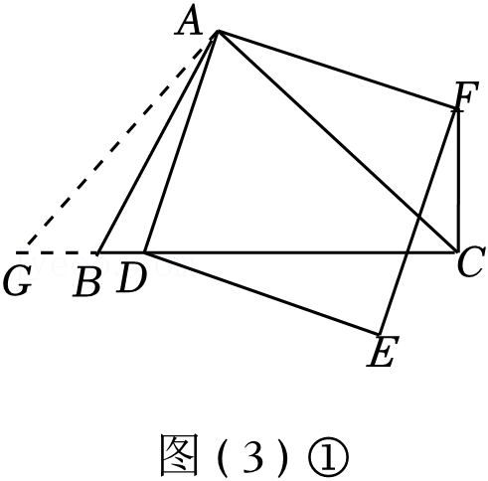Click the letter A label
189,22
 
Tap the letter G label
18,281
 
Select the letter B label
86,281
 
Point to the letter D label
131,277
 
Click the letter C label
471,261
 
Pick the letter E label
383,351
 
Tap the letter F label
466,95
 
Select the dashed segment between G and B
57,252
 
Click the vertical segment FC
458,180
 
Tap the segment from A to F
337,70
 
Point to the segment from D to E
261,293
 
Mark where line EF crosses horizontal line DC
407,252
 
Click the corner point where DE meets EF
380,333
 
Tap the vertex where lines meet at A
218,31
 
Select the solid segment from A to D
181,141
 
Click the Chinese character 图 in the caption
180,454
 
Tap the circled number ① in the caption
328,456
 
